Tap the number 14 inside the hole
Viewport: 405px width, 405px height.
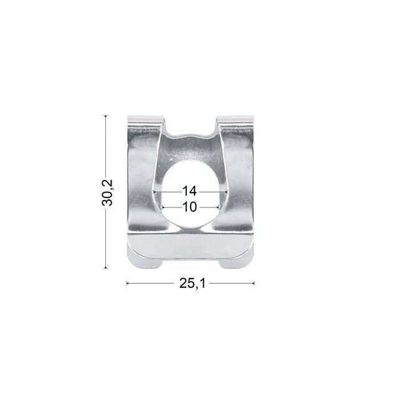(x=189, y=191)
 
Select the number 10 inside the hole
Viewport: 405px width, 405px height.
(x=189, y=207)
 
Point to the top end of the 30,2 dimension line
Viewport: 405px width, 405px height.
(x=106, y=115)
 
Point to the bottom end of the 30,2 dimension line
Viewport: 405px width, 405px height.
(x=106, y=268)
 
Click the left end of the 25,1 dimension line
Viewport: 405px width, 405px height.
(x=127, y=283)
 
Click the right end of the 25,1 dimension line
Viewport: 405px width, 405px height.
(x=254, y=283)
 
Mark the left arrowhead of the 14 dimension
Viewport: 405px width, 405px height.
(x=155, y=191)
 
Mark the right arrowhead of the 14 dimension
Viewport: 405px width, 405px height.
(x=226, y=191)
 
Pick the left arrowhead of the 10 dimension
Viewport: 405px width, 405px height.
(x=163, y=207)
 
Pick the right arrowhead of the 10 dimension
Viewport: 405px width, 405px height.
(x=218, y=207)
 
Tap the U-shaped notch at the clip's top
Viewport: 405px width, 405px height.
(x=191, y=138)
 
